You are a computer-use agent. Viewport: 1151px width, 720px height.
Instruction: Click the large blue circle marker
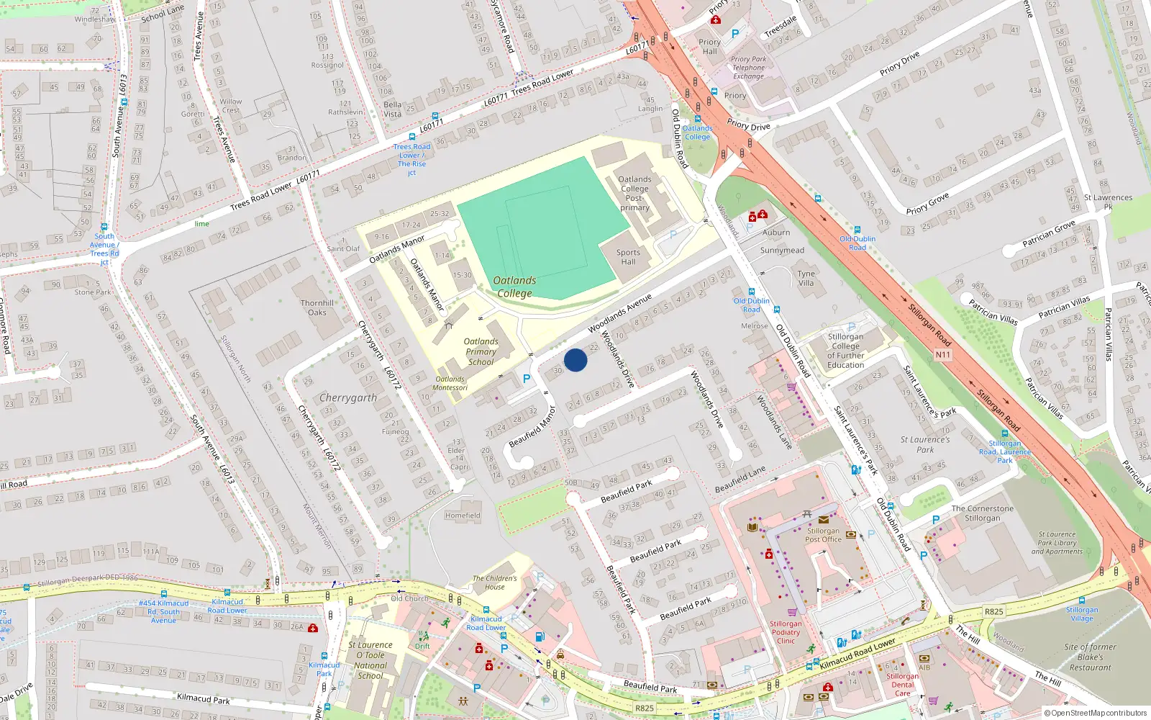point(575,360)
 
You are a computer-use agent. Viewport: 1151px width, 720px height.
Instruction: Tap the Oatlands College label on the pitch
point(514,287)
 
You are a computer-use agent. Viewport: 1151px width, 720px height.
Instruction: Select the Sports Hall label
point(628,257)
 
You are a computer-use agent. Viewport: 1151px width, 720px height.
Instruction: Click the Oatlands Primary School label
point(481,352)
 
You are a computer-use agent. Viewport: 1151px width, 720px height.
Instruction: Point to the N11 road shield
point(942,354)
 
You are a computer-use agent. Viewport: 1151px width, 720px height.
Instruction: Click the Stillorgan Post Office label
point(823,535)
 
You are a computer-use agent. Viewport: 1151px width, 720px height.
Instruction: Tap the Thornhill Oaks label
point(317,307)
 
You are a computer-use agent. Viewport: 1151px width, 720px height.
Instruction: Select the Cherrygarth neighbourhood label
point(347,397)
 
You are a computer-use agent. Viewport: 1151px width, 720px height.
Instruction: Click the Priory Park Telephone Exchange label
point(748,68)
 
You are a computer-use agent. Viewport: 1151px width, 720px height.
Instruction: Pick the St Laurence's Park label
point(925,444)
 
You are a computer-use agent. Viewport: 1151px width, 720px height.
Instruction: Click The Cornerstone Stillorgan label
point(982,513)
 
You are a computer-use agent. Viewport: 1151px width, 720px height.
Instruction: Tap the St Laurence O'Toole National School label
point(370,660)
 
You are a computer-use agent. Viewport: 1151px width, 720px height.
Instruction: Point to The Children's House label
point(494,582)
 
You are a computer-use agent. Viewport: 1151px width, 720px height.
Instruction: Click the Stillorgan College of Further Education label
point(845,351)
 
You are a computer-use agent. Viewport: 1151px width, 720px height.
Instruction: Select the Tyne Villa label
point(806,278)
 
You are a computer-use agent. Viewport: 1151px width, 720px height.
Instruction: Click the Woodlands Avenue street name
point(619,313)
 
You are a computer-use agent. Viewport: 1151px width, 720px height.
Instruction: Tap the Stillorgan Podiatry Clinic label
point(786,632)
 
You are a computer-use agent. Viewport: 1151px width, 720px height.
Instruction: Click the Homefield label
point(463,516)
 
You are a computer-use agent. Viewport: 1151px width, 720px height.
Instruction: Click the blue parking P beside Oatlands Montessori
point(527,379)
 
